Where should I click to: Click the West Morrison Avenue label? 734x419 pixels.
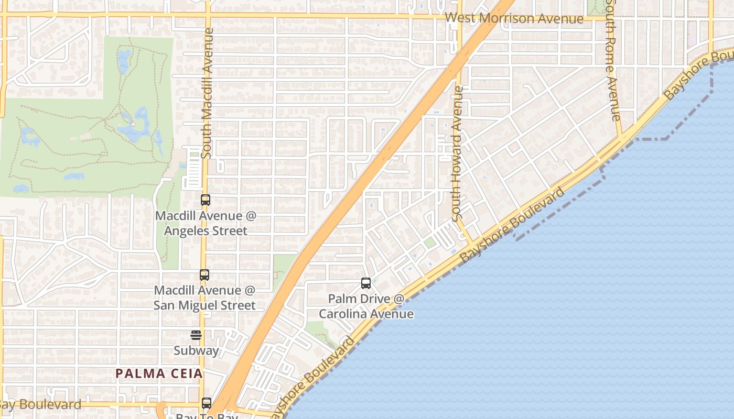pos(514,18)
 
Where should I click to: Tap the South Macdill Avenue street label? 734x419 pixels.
pos(208,93)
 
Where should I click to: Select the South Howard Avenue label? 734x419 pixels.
pos(457,153)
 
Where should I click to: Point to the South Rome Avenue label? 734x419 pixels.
pos(613,60)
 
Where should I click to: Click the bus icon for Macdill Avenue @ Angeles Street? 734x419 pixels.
pos(205,200)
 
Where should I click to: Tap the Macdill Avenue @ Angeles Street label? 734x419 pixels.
pos(205,223)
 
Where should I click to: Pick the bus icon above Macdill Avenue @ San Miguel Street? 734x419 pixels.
pos(204,274)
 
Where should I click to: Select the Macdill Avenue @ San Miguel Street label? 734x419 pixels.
pos(204,297)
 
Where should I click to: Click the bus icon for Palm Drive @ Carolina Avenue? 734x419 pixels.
pos(366,283)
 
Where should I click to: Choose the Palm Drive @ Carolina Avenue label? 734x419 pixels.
pos(366,306)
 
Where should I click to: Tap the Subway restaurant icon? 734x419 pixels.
pos(196,335)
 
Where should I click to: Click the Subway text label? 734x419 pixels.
pos(196,350)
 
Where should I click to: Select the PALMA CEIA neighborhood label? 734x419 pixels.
pos(159,373)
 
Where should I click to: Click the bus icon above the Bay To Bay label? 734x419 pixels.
pos(207,403)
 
